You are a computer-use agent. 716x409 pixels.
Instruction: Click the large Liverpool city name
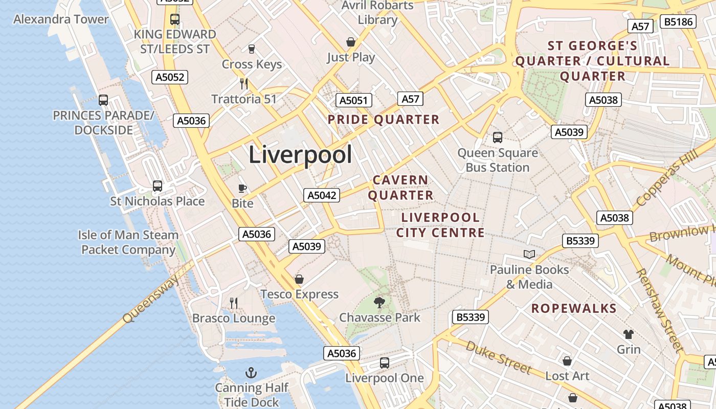[300, 155]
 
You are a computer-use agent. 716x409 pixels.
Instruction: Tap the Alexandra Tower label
[61, 19]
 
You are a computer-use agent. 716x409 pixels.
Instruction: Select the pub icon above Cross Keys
[251, 49]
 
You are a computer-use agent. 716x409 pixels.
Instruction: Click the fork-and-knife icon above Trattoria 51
[244, 83]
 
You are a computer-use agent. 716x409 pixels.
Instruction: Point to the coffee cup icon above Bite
[242, 188]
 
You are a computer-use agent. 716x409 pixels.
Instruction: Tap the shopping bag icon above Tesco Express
[299, 279]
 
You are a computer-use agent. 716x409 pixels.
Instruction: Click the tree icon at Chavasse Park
[379, 302]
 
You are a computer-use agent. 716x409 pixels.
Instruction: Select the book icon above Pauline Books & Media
[529, 254]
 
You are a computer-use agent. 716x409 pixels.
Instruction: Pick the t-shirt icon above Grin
[628, 334]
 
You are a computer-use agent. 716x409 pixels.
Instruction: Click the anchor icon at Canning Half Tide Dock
[251, 372]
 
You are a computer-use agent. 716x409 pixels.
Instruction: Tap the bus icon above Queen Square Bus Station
[497, 137]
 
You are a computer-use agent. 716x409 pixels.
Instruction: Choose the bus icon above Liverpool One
[384, 363]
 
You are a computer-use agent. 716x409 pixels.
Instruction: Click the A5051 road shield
[354, 100]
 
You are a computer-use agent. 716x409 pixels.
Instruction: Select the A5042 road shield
[322, 195]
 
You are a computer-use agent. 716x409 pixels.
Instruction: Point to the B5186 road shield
[678, 21]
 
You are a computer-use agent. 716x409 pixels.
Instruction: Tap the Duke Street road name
[499, 357]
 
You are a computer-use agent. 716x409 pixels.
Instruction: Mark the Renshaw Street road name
[659, 310]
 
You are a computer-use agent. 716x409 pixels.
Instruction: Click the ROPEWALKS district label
[574, 308]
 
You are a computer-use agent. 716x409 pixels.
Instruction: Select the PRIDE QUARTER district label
[384, 120]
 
